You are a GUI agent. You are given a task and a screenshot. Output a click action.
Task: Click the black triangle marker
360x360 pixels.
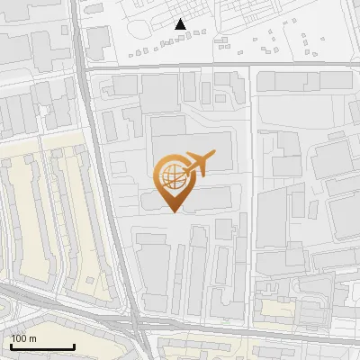coord(181,24)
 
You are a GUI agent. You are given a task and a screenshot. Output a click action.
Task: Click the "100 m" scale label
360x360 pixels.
coord(23,338)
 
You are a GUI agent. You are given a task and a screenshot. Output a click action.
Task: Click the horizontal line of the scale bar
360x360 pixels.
coord(42,346)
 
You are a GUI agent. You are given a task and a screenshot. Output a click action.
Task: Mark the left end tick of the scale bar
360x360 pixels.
coord(11,345)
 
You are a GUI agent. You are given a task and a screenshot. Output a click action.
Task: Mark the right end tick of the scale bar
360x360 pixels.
coord(74,345)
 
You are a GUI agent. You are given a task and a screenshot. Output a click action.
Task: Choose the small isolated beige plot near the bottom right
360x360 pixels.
coord(276,309)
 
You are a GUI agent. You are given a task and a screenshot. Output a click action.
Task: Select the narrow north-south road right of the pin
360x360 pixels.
coord(250,180)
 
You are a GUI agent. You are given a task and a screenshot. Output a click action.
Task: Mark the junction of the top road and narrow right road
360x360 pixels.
coord(250,66)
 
